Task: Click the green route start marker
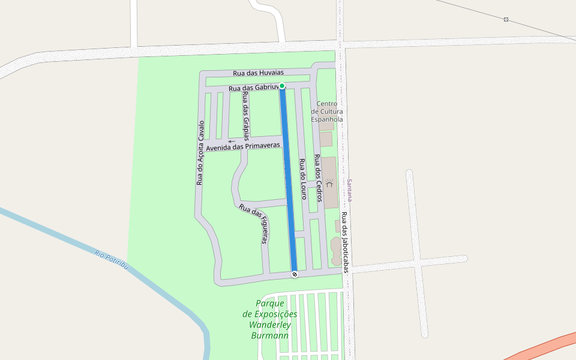click(282, 86)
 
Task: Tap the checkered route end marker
click(295, 274)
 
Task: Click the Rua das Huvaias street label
click(258, 73)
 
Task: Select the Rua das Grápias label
click(246, 116)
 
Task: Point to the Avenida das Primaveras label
click(243, 146)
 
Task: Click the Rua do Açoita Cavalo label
click(200, 153)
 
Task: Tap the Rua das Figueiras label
click(254, 224)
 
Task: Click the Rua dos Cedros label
click(319, 178)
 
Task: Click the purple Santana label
click(350, 190)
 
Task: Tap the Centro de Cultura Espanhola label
click(327, 111)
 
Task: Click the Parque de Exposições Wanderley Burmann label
click(270, 319)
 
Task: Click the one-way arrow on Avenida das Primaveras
click(232, 142)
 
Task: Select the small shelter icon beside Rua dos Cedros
click(329, 182)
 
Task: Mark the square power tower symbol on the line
click(506, 20)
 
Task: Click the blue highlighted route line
click(289, 180)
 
